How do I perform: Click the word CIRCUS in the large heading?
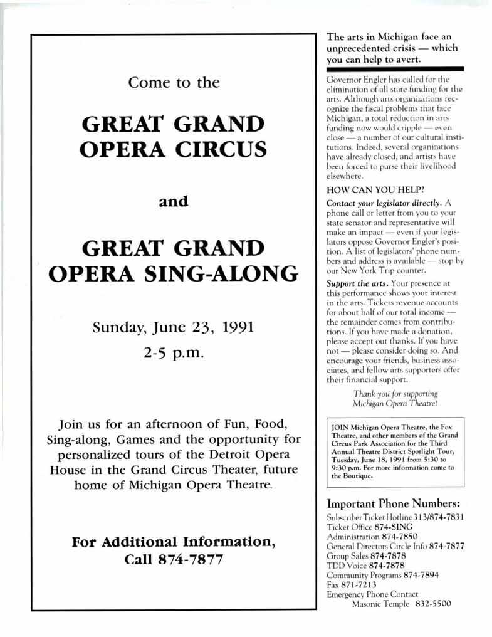click(216, 150)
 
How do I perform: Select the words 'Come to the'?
click(174, 82)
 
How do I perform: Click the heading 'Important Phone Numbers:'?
click(394, 503)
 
